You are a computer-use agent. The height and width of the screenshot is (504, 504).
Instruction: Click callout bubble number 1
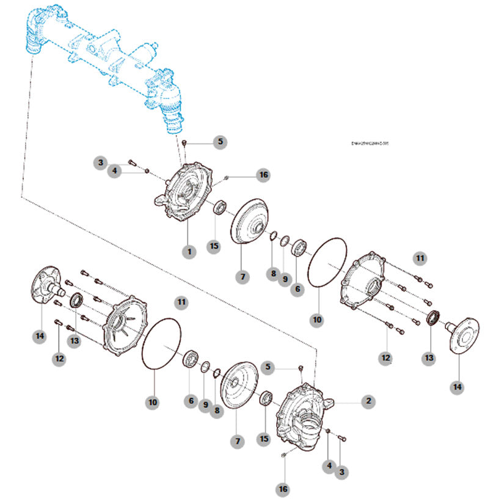tap(189, 251)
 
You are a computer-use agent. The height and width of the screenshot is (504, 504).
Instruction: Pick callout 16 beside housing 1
tap(263, 175)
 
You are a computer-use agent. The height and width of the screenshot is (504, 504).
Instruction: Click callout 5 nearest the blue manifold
tap(221, 142)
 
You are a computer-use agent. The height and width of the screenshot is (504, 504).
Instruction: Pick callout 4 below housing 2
tap(329, 466)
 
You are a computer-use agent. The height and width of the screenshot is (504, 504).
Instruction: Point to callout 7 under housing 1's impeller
tap(243, 277)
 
